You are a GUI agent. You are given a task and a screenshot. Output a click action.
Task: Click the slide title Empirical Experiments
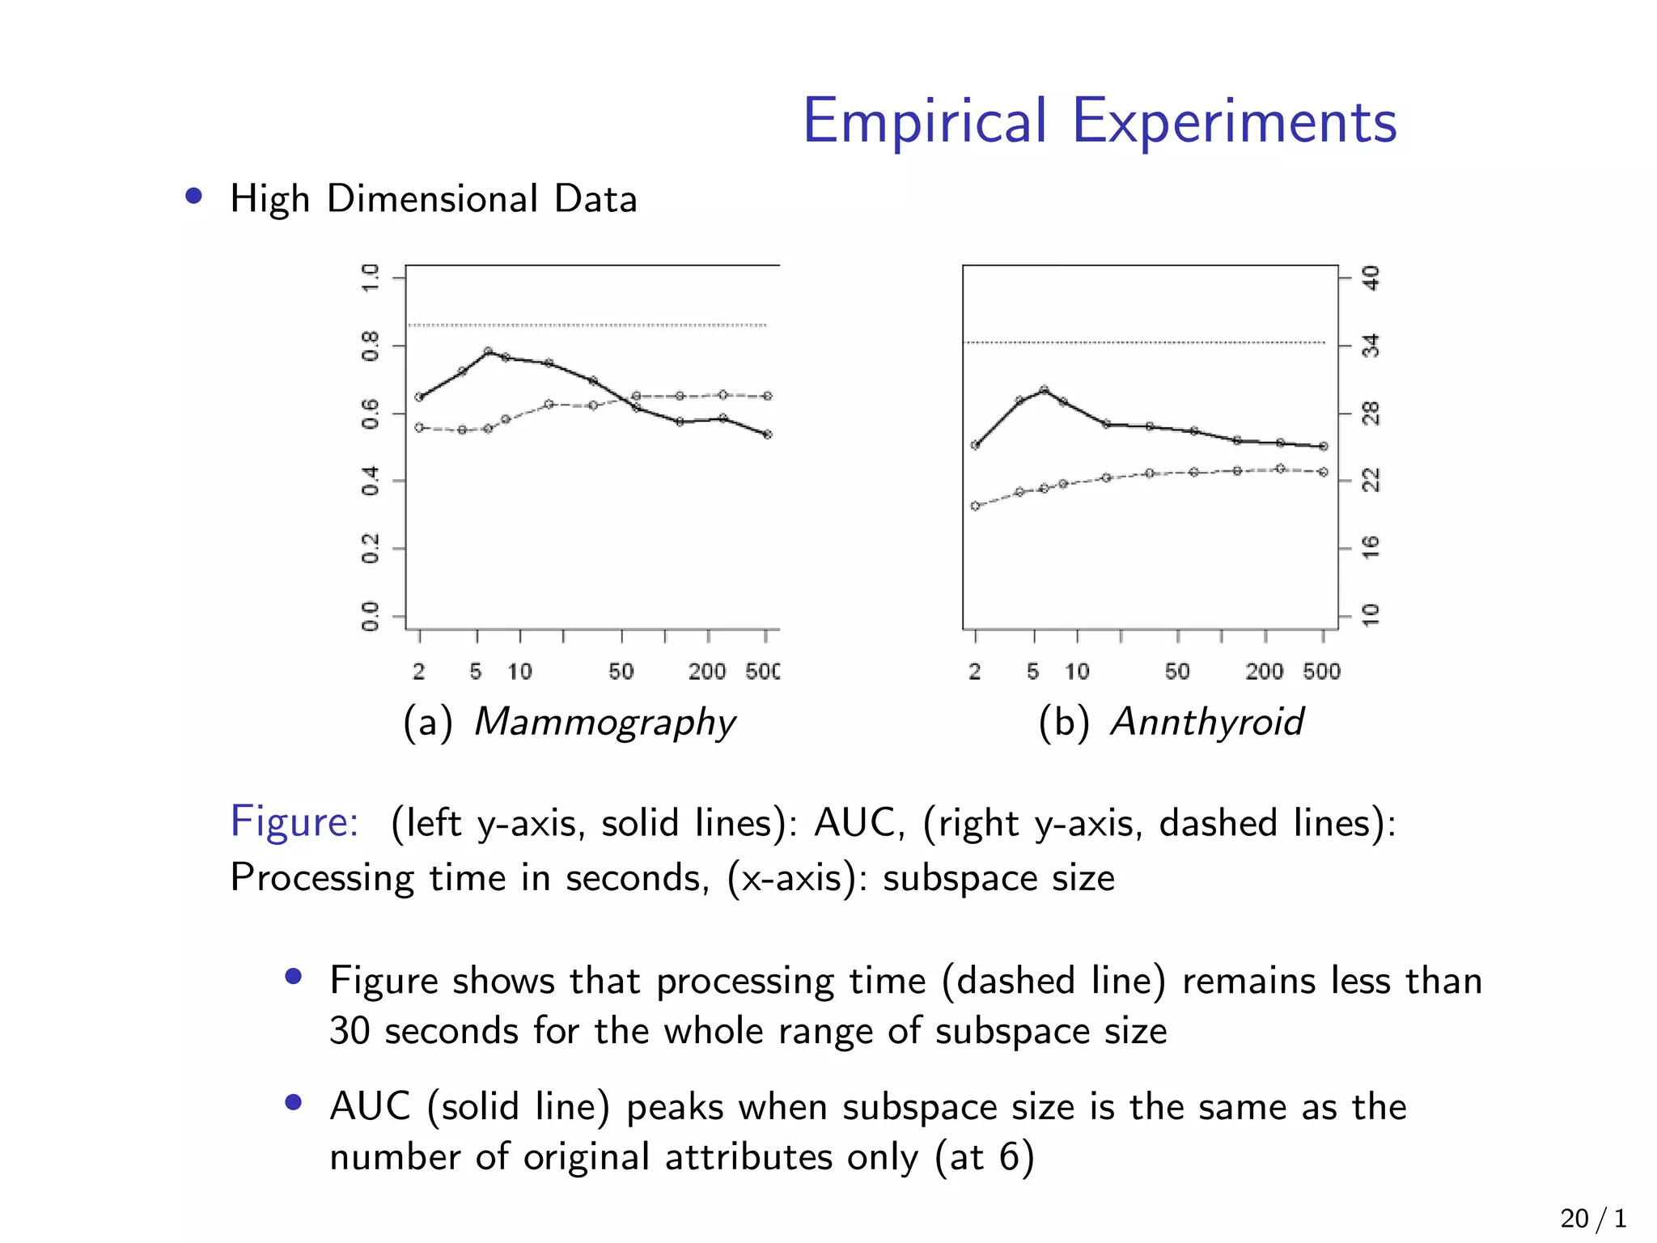[x=1099, y=121]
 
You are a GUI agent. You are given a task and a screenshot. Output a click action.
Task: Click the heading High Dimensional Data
[x=433, y=199]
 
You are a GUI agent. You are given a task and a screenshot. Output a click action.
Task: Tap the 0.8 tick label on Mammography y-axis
[x=371, y=346]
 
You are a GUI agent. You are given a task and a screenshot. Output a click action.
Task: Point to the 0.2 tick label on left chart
[x=371, y=549]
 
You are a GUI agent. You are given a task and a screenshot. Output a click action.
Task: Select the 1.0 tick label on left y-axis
[x=371, y=278]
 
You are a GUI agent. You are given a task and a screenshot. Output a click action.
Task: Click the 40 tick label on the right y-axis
[x=1371, y=278]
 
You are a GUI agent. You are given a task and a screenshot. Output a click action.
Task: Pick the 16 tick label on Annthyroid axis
[x=1371, y=548]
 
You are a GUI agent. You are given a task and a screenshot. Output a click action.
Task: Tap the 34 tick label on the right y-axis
[x=1371, y=346]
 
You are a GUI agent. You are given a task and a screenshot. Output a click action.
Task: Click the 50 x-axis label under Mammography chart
[x=621, y=672]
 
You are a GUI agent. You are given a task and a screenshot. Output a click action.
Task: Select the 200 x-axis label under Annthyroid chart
[x=1264, y=672]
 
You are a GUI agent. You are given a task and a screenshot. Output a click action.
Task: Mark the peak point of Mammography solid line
[x=488, y=351]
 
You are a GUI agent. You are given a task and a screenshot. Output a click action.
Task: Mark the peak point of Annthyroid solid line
[x=1044, y=389]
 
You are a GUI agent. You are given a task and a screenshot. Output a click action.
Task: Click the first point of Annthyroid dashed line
[x=975, y=506]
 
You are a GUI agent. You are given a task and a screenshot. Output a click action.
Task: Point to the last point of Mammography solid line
[x=768, y=435]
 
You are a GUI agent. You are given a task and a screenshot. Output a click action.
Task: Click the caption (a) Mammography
[x=570, y=722]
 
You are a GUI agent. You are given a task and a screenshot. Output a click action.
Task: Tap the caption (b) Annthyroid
[x=1171, y=722]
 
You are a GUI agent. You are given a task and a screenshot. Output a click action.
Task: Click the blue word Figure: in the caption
[x=295, y=822]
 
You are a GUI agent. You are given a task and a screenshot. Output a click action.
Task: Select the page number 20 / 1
[x=1592, y=1218]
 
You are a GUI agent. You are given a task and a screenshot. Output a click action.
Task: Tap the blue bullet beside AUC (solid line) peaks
[x=294, y=1102]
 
